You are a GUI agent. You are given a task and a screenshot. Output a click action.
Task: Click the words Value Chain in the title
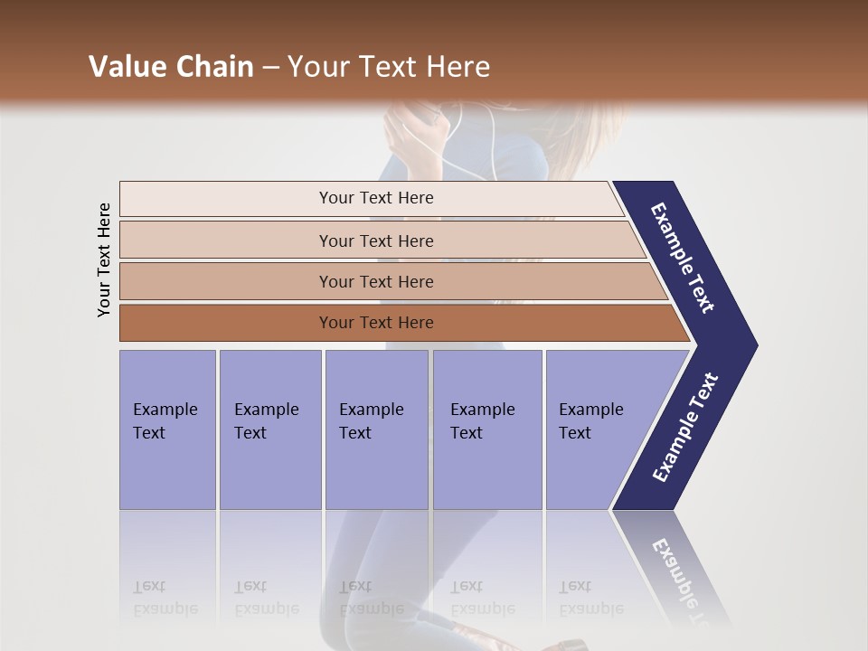pyautogui.click(x=171, y=67)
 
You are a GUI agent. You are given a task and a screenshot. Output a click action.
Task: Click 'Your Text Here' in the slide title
pyautogui.click(x=389, y=67)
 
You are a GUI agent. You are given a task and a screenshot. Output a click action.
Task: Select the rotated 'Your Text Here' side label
pyautogui.click(x=104, y=260)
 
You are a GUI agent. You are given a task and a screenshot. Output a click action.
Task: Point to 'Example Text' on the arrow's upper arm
pyautogui.click(x=683, y=258)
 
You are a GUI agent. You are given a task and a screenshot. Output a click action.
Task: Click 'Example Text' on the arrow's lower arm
pyautogui.click(x=685, y=428)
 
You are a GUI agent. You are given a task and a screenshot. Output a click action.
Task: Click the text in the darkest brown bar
pyautogui.click(x=376, y=323)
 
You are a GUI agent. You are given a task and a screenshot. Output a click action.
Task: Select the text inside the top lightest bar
pyautogui.click(x=376, y=198)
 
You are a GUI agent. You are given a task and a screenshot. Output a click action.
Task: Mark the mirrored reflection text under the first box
pyautogui.click(x=165, y=598)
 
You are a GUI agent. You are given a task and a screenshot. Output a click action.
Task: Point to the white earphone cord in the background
pyautogui.click(x=493, y=136)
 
